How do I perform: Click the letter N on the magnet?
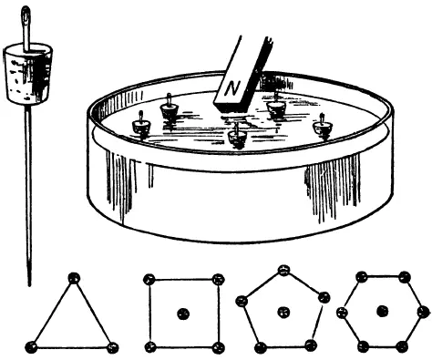pos(232,88)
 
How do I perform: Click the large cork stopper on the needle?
pos(28,74)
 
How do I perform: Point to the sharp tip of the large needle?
pos(29,285)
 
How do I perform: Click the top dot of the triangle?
pos(74,278)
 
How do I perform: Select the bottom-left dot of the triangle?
pos(31,347)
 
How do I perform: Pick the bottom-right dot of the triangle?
pos(113,347)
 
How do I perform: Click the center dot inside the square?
pos(183,314)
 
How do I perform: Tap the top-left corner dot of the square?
pos(149,280)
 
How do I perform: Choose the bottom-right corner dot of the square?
pos(218,347)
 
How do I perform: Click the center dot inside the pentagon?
pos(283,312)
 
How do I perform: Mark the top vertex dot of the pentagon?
pos(284,270)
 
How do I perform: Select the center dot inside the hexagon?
pos(383,311)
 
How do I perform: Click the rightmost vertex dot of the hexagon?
pos(423,312)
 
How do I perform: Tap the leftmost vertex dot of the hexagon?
pos(343,312)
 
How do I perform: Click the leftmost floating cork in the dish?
pos(141,126)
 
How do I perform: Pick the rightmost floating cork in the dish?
pos(322,126)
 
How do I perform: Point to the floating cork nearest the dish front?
pos(237,137)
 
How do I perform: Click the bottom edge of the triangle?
pos(72,347)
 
